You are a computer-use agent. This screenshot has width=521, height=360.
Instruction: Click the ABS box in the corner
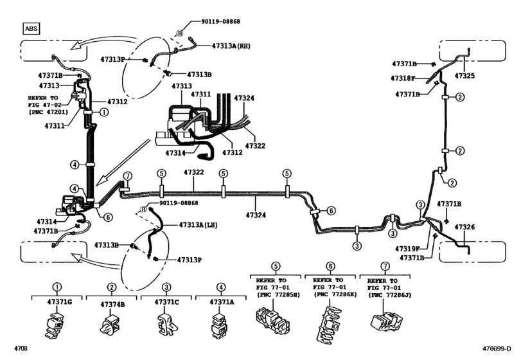30,28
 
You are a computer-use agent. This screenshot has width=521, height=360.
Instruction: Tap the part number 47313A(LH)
187,225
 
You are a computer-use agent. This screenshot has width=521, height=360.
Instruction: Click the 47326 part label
464,227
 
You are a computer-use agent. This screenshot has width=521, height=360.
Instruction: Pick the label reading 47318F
404,78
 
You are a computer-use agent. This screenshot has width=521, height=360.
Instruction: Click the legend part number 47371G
57,301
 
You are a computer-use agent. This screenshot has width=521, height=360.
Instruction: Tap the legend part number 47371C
166,301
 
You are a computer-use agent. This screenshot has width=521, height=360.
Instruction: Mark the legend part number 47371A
222,301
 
